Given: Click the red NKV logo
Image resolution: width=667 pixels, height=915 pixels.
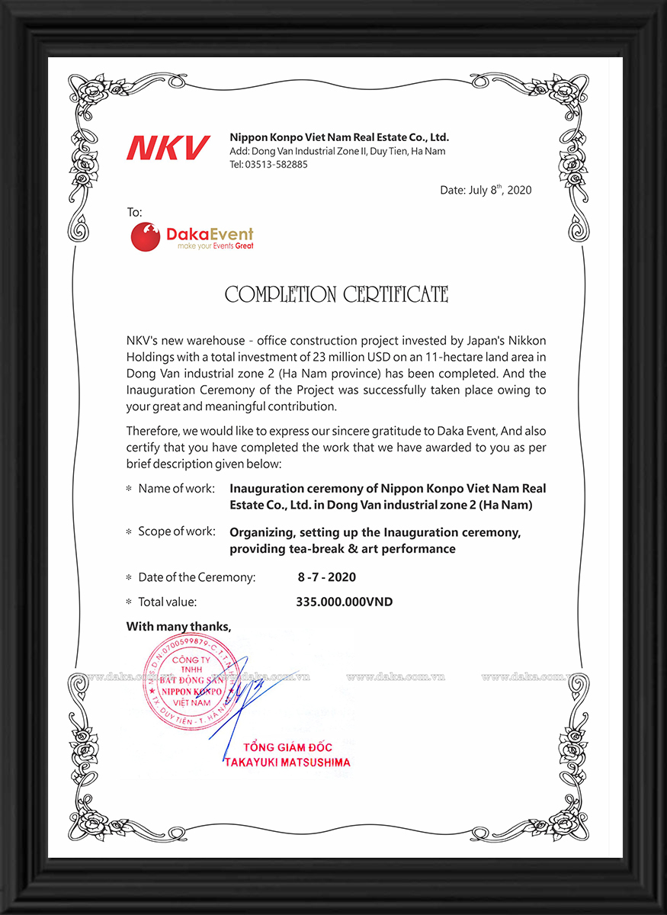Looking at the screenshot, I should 168,147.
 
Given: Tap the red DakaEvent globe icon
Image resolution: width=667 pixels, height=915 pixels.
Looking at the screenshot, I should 146,236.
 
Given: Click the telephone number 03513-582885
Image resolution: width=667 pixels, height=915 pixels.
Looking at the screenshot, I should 277,165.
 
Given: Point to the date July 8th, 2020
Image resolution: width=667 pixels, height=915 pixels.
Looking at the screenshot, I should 486,190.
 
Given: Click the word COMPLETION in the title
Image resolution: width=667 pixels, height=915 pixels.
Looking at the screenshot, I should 281,294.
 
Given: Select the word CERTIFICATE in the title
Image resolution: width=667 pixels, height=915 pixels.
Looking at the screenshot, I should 396,294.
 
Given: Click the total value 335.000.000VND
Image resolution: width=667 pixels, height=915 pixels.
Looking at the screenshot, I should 344,602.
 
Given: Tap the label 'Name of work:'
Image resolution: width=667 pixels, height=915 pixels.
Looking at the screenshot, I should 176,488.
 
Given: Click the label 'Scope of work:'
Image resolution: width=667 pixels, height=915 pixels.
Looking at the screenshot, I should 176,531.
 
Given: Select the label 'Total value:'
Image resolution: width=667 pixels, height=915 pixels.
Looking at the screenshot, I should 167,602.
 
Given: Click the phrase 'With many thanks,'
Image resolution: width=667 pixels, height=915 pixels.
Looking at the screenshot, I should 178,627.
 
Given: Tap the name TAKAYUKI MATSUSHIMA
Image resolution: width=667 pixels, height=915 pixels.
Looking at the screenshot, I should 287,762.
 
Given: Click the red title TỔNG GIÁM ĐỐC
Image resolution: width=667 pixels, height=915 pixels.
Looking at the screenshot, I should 287,747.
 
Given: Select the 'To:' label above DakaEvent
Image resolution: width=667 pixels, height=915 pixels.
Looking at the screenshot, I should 134,212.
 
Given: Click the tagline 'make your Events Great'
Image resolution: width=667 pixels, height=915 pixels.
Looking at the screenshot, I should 215,246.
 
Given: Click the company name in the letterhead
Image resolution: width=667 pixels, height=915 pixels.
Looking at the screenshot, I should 339,137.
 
